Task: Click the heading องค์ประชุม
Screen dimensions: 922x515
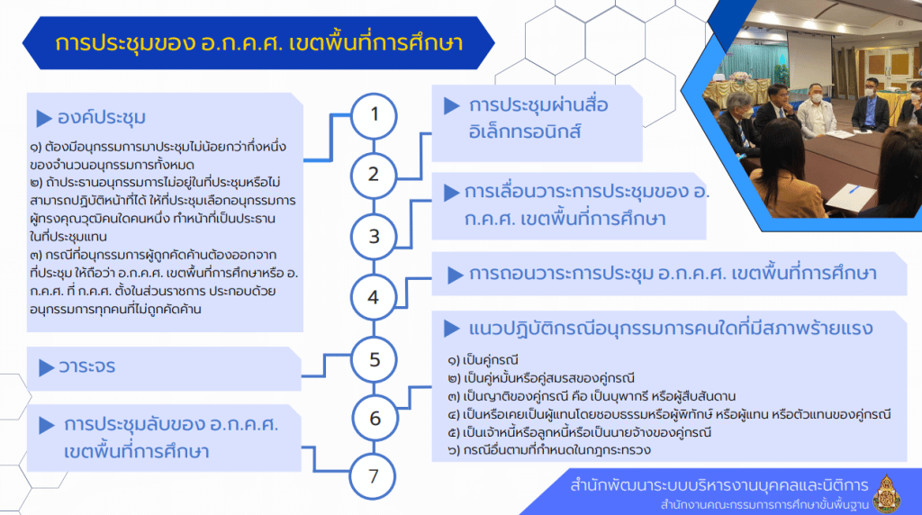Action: [101, 118]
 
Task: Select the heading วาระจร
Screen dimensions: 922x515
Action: [87, 366]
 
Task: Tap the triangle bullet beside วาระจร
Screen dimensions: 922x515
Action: [47, 368]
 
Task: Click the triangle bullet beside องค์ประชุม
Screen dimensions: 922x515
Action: [44, 119]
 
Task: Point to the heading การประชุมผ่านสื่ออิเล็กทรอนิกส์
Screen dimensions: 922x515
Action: [538, 118]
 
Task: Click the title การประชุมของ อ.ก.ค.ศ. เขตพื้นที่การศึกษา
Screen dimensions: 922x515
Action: [259, 43]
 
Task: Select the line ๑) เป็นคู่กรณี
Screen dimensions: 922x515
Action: [483, 360]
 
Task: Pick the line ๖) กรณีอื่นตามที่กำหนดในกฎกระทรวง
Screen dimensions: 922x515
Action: [549, 450]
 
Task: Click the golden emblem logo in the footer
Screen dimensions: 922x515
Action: [887, 492]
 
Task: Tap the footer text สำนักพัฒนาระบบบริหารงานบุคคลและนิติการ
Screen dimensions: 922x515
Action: [719, 485]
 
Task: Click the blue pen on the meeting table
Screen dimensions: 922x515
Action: [854, 189]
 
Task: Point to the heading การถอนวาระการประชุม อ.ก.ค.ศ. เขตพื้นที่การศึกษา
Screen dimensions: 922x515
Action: [673, 274]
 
